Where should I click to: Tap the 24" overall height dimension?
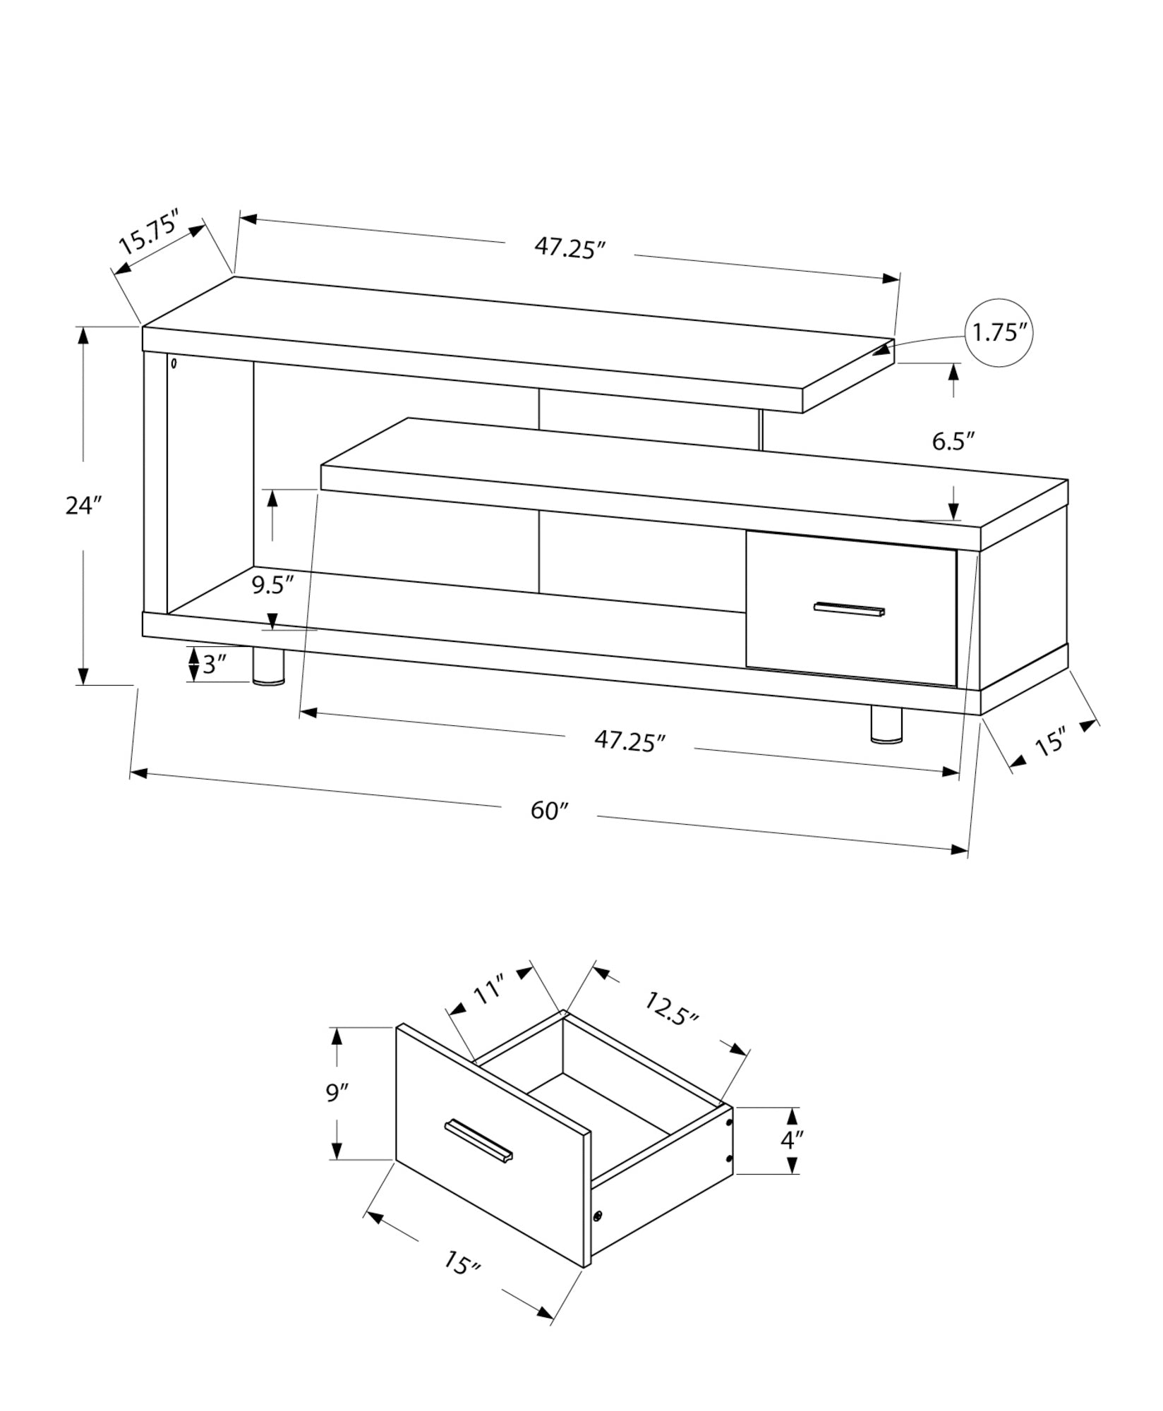pyautogui.click(x=84, y=506)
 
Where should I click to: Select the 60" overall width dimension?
pyautogui.click(x=549, y=811)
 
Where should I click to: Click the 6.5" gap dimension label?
pyautogui.click(x=953, y=442)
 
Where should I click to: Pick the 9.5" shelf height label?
pyautogui.click(x=272, y=586)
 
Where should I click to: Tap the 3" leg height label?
pyautogui.click(x=215, y=665)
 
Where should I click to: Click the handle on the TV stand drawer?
pyautogui.click(x=849, y=609)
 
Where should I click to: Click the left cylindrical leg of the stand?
pyautogui.click(x=268, y=667)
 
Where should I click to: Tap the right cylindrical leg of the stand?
pyautogui.click(x=886, y=724)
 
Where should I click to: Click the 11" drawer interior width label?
pyautogui.click(x=488, y=990)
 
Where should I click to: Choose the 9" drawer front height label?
pyautogui.click(x=337, y=1093)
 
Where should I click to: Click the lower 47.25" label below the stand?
pyautogui.click(x=629, y=741)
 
